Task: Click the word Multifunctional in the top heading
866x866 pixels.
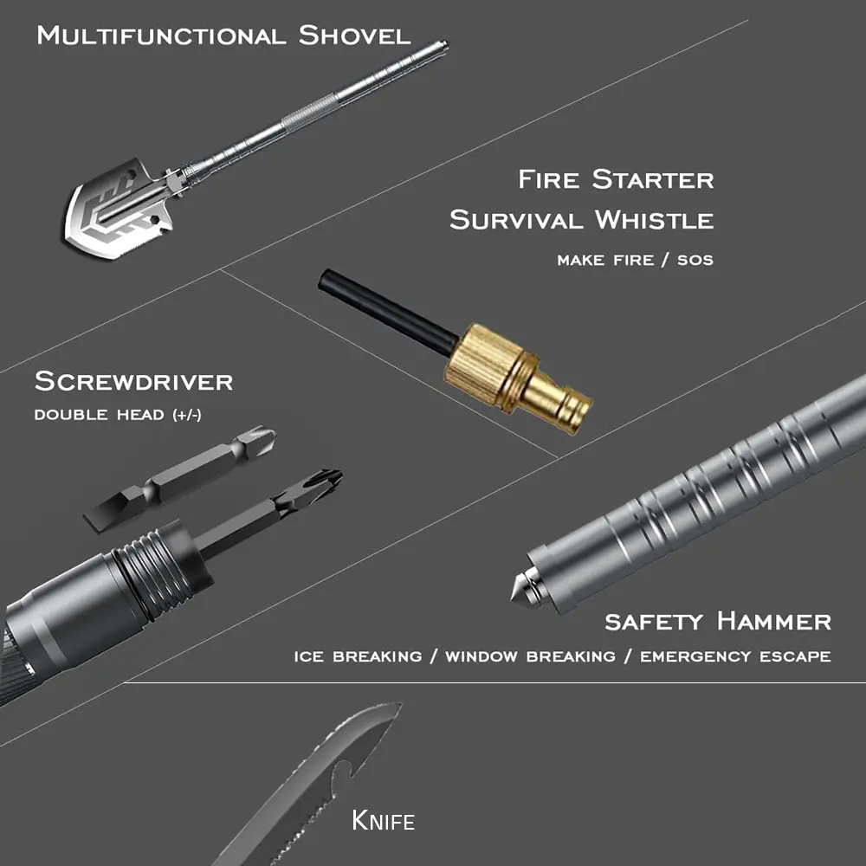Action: (x=161, y=36)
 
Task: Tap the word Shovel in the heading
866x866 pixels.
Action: (x=354, y=36)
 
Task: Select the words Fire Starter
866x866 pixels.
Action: (x=616, y=179)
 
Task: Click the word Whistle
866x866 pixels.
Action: (x=655, y=219)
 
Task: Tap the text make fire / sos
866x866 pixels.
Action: (x=635, y=260)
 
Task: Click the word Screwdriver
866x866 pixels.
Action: (x=133, y=381)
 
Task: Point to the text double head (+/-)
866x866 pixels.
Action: (x=118, y=414)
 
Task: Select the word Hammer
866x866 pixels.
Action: (x=773, y=621)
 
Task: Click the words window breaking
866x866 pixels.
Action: (x=530, y=656)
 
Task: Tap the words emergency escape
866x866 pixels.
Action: (x=735, y=656)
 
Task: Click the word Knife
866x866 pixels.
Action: (x=383, y=820)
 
